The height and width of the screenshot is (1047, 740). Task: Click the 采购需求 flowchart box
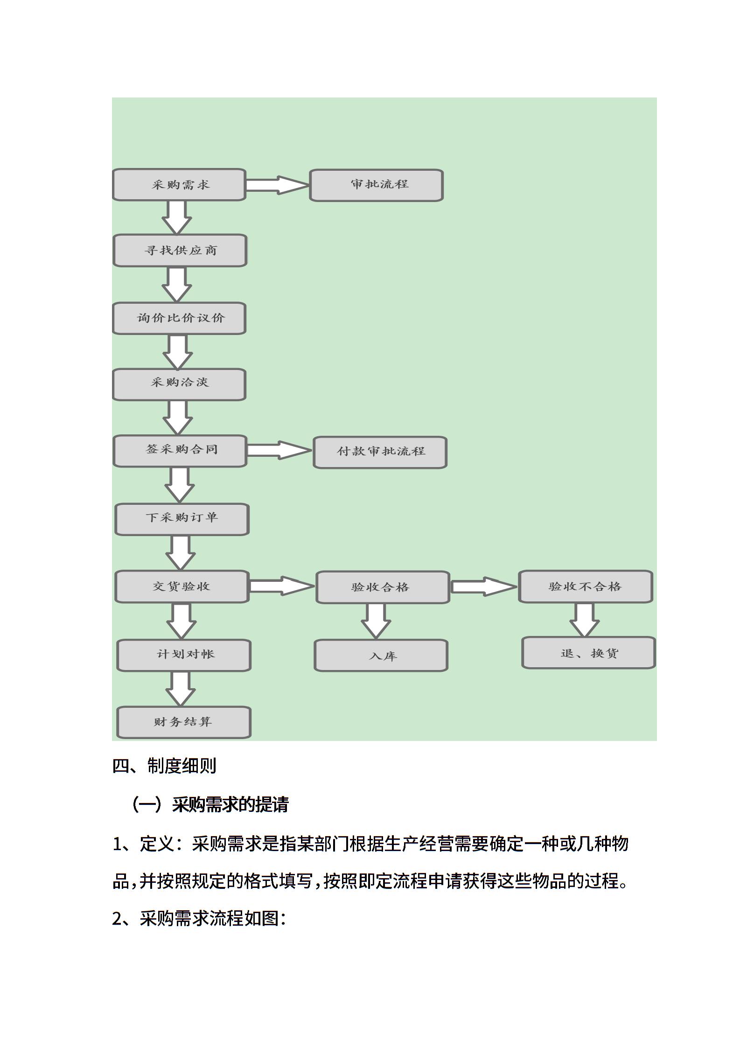pyautogui.click(x=179, y=185)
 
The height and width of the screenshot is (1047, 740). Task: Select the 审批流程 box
pyautogui.click(x=376, y=185)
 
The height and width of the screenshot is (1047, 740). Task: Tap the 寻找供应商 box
pyautogui.click(x=180, y=251)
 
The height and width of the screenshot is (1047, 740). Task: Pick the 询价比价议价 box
pyautogui.click(x=179, y=318)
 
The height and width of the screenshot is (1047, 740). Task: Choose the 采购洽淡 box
pyautogui.click(x=179, y=384)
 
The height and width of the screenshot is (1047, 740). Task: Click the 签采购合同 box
pyautogui.click(x=180, y=451)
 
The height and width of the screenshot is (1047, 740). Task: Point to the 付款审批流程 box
pyautogui.click(x=380, y=452)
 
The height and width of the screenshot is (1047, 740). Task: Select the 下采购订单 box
pyautogui.click(x=182, y=519)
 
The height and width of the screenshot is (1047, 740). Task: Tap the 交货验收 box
pyautogui.click(x=182, y=586)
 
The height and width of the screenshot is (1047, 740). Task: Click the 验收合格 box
pyautogui.click(x=383, y=587)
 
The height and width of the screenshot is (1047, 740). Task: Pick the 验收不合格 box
pyautogui.click(x=585, y=586)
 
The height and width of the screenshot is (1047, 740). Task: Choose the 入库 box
pyautogui.click(x=381, y=656)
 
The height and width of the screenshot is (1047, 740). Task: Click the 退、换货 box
pyautogui.click(x=589, y=653)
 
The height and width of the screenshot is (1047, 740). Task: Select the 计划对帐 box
pyautogui.click(x=184, y=656)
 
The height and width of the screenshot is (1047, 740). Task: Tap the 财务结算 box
pyautogui.click(x=184, y=723)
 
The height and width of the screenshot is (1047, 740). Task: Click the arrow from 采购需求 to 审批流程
pyautogui.click(x=278, y=185)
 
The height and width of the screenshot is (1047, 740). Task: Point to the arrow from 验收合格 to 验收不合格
pyautogui.click(x=484, y=586)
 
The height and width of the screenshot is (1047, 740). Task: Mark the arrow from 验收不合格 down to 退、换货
pyautogui.click(x=584, y=620)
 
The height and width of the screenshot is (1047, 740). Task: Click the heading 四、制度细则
pyautogui.click(x=164, y=766)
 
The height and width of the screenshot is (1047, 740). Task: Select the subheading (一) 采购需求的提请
pyautogui.click(x=210, y=804)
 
